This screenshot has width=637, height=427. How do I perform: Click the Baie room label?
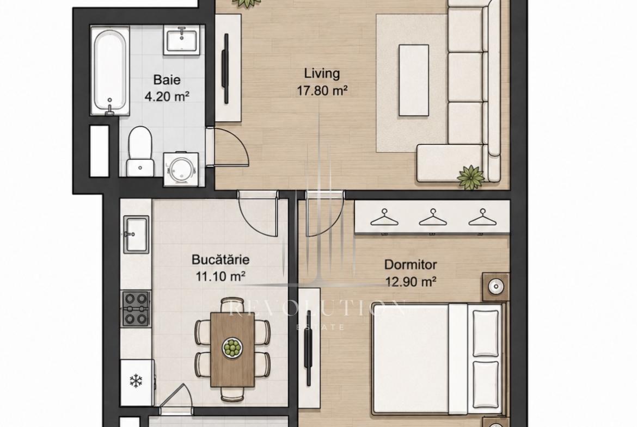(x=167, y=79)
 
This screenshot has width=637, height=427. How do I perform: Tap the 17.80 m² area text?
(x=322, y=91)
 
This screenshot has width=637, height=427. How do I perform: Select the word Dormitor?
(x=411, y=265)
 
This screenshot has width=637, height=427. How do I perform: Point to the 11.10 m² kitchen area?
(x=220, y=277)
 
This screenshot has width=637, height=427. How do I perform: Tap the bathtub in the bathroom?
(x=109, y=71)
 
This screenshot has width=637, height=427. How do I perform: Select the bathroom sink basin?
(x=182, y=40)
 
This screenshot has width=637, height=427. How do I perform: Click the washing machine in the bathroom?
(x=181, y=169)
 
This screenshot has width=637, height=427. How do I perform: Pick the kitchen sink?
(x=136, y=234)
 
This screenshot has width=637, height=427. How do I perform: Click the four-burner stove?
(x=136, y=308)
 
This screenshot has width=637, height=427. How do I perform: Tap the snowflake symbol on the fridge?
(x=136, y=381)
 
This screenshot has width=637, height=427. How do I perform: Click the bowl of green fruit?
(x=232, y=348)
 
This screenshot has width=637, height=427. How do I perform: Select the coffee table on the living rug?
(x=414, y=81)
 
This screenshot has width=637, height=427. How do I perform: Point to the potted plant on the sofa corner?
(x=471, y=177)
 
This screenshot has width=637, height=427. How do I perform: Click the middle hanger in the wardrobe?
(x=433, y=218)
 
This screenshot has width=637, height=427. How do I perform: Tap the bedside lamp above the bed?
(x=495, y=287)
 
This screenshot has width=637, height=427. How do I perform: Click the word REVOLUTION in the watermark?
(x=317, y=308)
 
